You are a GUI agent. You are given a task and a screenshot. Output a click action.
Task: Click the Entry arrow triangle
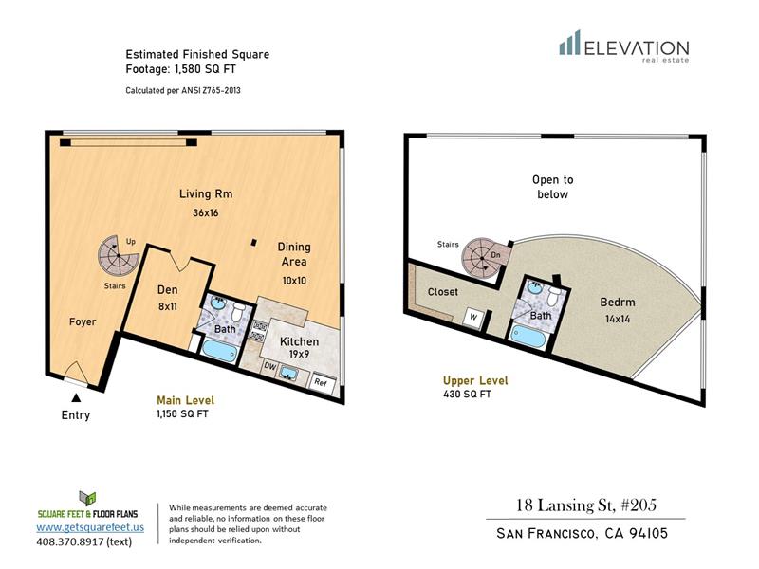coord(76,397)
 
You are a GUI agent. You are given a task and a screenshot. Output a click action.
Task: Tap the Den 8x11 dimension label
coord(168,306)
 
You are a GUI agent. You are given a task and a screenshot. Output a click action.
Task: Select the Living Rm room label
coord(206,194)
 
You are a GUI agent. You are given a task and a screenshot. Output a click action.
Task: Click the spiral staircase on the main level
coord(118,255)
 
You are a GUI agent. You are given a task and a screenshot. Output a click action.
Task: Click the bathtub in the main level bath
coord(219,350)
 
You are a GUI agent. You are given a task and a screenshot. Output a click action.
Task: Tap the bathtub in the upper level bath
coord(528,337)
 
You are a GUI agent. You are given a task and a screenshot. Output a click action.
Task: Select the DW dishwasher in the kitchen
coord(269,367)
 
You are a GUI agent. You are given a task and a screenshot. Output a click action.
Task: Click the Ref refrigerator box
coord(321,382)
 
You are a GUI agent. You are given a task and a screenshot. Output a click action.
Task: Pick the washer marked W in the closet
coord(472,318)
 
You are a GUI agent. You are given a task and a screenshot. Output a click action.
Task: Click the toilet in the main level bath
coord(237,312)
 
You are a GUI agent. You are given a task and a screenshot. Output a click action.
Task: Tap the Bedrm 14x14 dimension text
coord(618,320)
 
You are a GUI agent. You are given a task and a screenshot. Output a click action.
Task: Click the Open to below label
coord(553,187)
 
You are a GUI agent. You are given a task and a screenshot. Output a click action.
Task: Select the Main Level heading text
coord(185,400)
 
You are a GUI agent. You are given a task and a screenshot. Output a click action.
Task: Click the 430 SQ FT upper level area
coord(467,395)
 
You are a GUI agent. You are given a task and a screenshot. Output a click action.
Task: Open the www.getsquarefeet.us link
coord(90,527)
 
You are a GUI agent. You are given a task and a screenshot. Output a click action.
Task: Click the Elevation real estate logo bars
coord(570,42)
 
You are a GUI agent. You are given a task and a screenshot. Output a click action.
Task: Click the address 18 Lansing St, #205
coord(586,505)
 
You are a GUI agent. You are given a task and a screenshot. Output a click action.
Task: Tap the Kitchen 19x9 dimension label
coord(299,354)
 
